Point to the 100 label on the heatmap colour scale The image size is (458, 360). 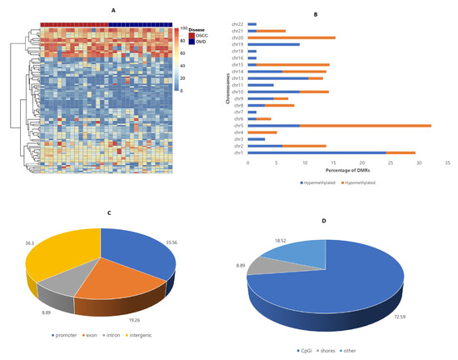tap(183, 29)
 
